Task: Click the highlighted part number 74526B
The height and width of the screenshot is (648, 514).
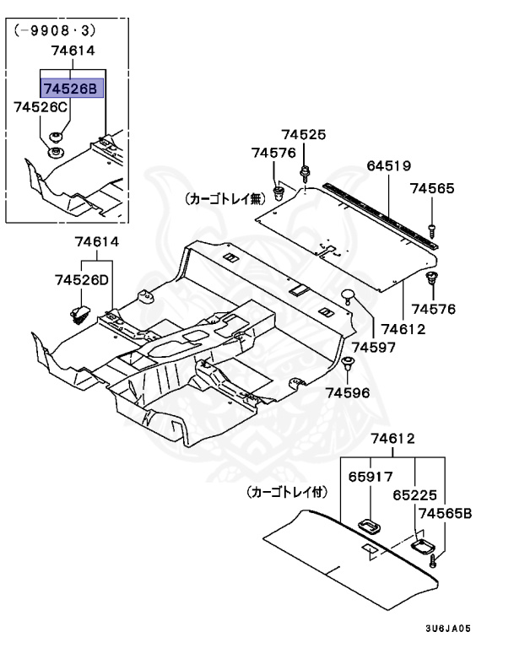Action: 72,87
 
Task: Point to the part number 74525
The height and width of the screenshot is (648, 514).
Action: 303,135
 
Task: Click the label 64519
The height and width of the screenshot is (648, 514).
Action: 388,166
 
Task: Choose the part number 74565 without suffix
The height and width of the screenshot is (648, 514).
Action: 432,189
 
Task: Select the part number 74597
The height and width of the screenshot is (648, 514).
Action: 371,347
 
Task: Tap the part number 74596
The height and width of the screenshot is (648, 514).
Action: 348,393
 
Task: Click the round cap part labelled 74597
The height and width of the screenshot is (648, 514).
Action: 348,295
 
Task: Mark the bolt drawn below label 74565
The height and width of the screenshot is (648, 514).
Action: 432,227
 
